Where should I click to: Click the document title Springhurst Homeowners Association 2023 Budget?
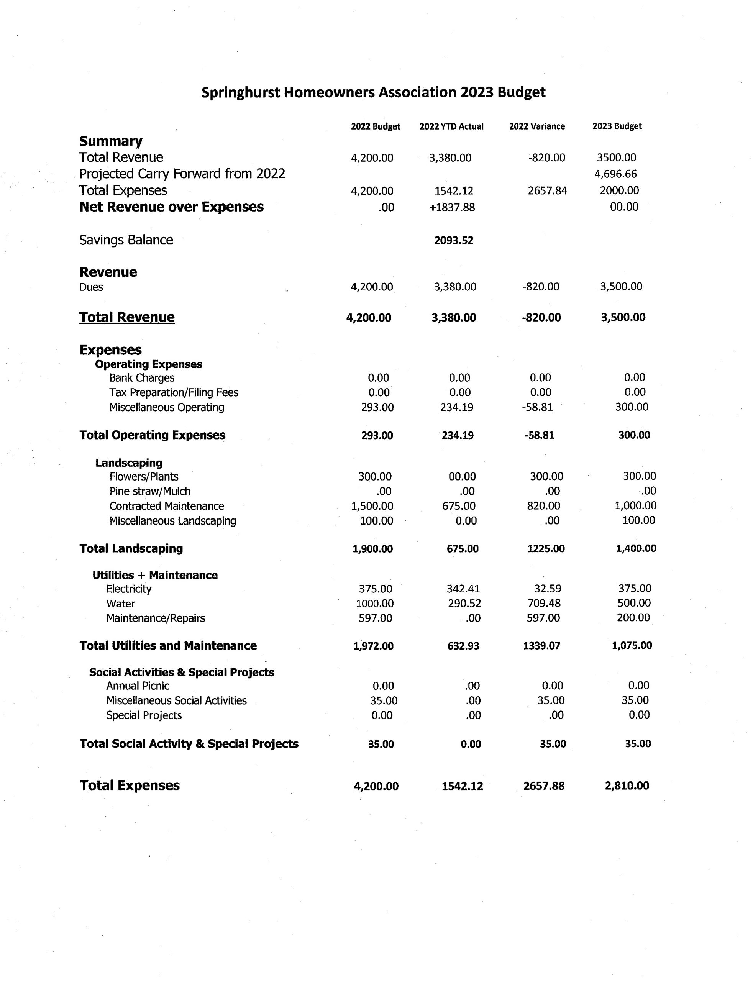point(373,92)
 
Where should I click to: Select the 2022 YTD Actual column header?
point(451,126)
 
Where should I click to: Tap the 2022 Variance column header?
point(536,126)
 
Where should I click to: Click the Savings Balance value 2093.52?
point(454,241)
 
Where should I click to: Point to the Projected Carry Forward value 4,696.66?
point(615,174)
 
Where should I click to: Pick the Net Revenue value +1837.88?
point(452,207)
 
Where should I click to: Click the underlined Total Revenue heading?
point(127,317)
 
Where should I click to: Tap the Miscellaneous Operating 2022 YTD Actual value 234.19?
point(456,407)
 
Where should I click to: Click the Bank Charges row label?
point(142,378)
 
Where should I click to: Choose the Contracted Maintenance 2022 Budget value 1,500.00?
point(372,506)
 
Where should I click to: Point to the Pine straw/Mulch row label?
point(150,491)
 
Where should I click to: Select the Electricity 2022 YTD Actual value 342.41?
point(463,589)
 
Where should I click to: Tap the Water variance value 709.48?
point(544,603)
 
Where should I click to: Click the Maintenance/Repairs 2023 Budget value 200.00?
point(633,618)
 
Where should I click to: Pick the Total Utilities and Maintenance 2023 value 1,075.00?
point(632,645)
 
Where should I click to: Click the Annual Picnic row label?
point(138,686)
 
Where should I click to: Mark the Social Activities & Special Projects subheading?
point(182,672)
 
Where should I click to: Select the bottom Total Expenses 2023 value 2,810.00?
point(627,786)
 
